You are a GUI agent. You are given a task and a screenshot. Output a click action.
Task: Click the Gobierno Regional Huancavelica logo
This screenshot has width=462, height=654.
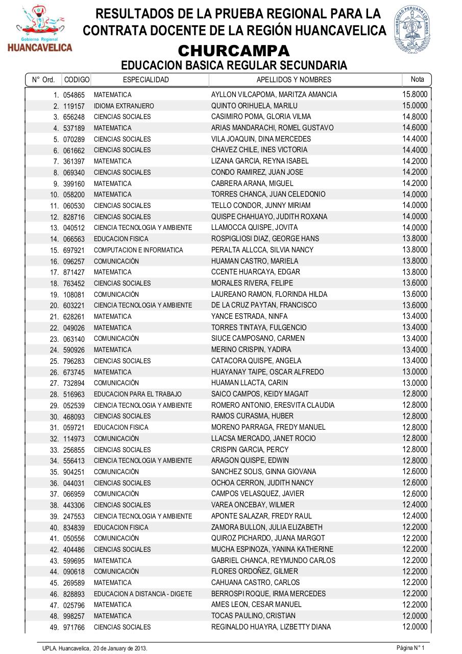coord(39,29)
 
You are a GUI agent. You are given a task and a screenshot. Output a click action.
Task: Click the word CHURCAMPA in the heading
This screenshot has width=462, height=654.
coord(234,51)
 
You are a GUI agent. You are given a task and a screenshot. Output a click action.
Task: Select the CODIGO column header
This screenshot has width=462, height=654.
coord(77,80)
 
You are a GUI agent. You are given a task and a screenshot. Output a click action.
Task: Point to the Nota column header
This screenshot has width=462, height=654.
coord(417,79)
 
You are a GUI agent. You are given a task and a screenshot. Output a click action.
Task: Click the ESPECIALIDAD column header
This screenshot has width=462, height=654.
coord(145,80)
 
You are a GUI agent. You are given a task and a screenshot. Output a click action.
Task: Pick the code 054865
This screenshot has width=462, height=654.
coord(74,95)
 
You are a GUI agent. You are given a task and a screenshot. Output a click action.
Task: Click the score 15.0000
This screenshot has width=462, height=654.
coord(415,106)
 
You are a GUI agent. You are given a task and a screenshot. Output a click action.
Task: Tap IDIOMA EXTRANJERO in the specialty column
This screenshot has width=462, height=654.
coord(124,106)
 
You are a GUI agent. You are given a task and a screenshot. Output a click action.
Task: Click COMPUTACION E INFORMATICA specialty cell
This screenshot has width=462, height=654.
coord(138,250)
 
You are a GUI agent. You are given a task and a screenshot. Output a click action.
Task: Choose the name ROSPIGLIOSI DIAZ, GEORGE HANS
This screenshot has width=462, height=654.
coord(265,239)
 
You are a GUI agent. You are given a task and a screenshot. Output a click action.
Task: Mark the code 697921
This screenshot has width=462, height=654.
coord(74,250)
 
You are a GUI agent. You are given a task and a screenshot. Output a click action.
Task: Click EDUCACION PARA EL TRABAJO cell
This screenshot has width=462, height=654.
coord(137,394)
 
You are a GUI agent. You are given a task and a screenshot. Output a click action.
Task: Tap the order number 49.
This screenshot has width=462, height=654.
coord(54,627)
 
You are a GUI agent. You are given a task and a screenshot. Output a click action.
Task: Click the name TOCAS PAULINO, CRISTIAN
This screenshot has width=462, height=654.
coord(253,616)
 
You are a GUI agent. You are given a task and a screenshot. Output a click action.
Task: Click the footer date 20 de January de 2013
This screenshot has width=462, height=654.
coord(120,648)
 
